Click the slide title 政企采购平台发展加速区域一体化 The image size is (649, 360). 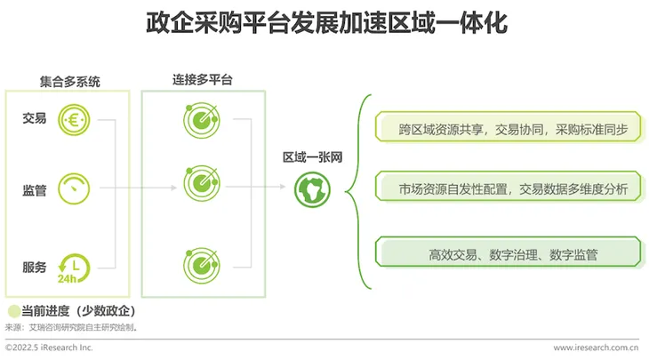tap(326, 23)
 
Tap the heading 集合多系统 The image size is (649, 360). tap(70, 82)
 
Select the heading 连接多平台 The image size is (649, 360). tap(203, 79)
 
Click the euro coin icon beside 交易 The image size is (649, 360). tap(74, 120)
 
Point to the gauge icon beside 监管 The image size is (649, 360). tap(74, 188)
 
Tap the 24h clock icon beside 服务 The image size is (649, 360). tap(74, 268)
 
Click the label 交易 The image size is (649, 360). tap(35, 118)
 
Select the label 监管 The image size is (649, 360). tap(35, 190)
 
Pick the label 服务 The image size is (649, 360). tap(35, 268)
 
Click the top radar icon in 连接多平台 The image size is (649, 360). tap(202, 120)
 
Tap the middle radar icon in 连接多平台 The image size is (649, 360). tap(202, 183)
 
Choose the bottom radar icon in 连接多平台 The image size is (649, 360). tap(202, 266)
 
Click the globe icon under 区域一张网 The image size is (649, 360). tap(312, 190)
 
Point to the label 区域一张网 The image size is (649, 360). tap(312, 157)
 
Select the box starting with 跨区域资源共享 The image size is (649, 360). tap(509, 126)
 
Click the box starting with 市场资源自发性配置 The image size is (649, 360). tap(509, 187)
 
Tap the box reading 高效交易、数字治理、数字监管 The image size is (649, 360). tap(509, 252)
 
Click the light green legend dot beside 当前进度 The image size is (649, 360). tap(14, 311)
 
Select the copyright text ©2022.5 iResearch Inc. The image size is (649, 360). tap(49, 348)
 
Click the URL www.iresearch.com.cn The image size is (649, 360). tap(596, 348)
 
